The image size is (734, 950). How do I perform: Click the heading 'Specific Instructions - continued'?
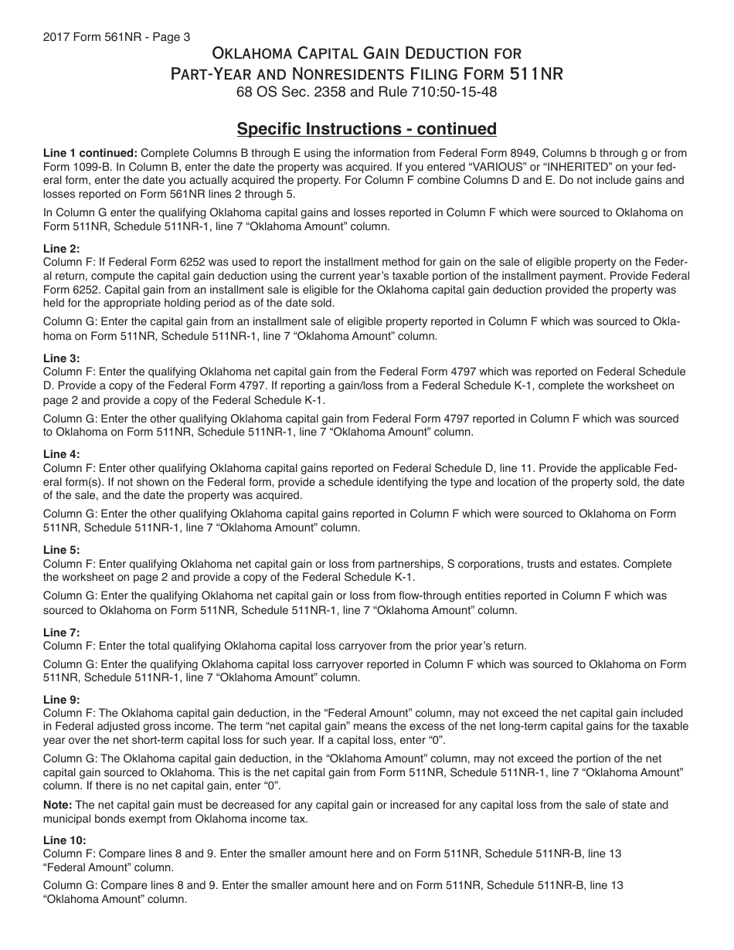366,128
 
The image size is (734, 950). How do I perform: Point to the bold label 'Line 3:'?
61,359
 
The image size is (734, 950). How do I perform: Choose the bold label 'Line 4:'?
61,455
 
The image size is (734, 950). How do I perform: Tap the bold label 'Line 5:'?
61,551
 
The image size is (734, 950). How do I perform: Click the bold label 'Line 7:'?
61,633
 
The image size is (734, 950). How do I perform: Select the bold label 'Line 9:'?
61,701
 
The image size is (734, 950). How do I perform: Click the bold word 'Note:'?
57,805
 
